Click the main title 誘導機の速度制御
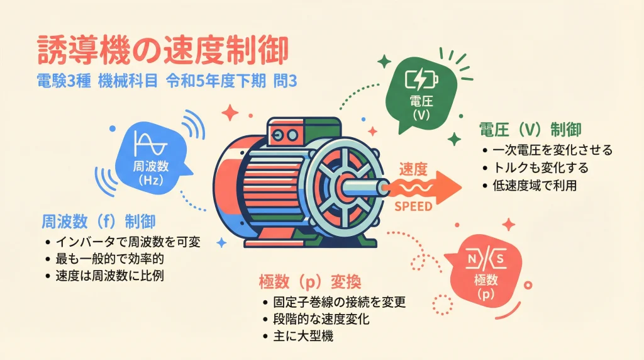click(x=163, y=51)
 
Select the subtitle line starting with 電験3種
click(x=166, y=81)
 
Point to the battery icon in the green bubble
click(x=421, y=79)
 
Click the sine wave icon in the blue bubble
click(x=151, y=143)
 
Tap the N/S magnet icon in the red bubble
click(x=486, y=259)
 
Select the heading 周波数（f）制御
click(x=99, y=222)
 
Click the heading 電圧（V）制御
click(x=530, y=130)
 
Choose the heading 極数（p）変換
click(x=310, y=281)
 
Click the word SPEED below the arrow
click(x=413, y=206)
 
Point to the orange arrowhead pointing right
click(x=448, y=188)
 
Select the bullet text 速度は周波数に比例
click(x=109, y=275)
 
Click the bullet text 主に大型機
click(x=303, y=336)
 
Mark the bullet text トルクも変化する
click(x=540, y=167)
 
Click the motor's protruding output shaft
click(x=364, y=188)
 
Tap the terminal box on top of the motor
click(x=304, y=131)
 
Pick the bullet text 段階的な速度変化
click(x=321, y=319)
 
